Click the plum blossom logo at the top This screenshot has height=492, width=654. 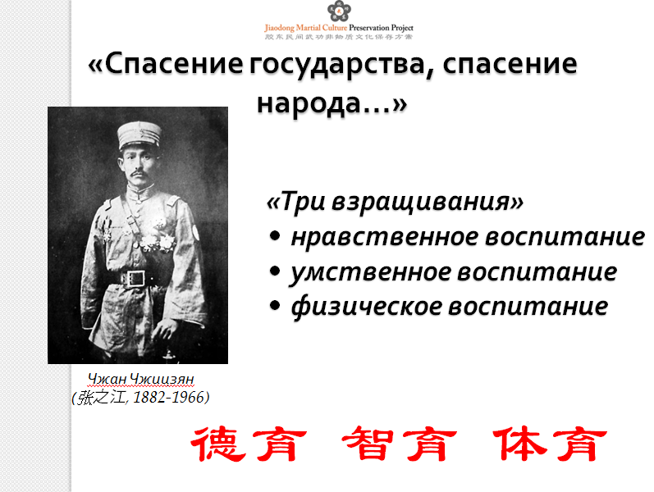tap(339, 11)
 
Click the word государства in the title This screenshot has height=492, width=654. tap(342, 66)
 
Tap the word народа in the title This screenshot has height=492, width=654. tap(309, 104)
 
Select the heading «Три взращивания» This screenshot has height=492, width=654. tap(395, 203)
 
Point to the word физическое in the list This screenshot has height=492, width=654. tap(366, 307)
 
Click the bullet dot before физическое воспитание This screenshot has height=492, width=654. tap(274, 305)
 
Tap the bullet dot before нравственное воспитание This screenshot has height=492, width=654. tap(274, 236)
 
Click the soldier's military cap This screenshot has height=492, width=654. tap(139, 134)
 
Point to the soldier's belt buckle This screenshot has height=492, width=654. tap(135, 279)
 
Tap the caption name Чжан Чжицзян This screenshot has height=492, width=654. tap(141, 379)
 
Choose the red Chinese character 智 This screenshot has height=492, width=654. tap(368, 443)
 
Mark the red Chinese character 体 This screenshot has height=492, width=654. tap(519, 443)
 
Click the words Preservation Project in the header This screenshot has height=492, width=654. tap(381, 28)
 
